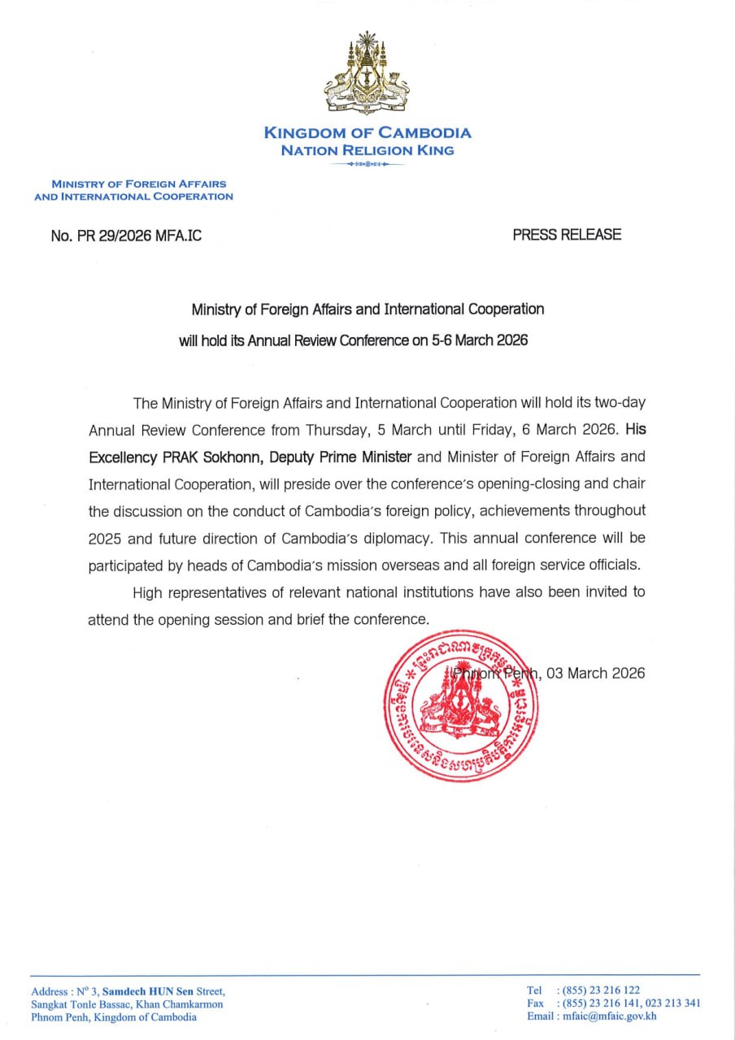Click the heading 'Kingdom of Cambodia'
(x=367, y=133)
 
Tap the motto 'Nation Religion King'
(x=367, y=150)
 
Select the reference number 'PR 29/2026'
(x=112, y=236)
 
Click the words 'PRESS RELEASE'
(x=567, y=235)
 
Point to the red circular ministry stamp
(x=461, y=706)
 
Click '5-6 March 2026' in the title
(x=479, y=340)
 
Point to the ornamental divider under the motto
(x=367, y=164)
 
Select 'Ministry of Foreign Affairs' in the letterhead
(x=139, y=184)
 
